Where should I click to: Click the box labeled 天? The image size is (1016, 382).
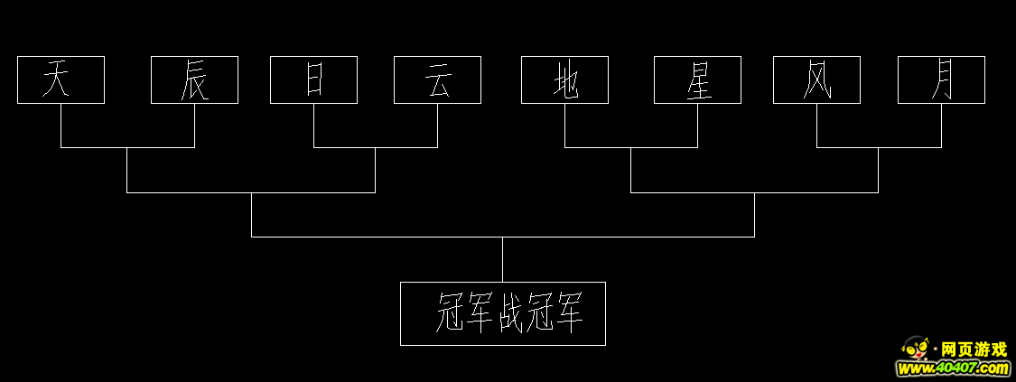point(61,79)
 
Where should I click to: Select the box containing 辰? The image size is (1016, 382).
point(194,79)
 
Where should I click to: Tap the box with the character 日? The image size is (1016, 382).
point(313,79)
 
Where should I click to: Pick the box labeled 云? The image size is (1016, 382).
point(437,79)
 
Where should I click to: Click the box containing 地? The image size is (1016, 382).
point(565,79)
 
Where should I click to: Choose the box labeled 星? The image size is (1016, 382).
point(698,79)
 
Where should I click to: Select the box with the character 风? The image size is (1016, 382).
point(817,79)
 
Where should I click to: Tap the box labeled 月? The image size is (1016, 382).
point(941,79)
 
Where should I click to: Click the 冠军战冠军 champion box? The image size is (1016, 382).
point(503,313)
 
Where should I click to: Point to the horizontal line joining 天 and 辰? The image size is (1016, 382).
point(127,147)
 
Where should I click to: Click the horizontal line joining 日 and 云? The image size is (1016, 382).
point(376,147)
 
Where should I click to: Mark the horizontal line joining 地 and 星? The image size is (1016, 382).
point(631,147)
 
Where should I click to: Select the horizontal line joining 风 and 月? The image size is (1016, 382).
point(880,147)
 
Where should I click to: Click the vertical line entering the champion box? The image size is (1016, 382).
point(503,259)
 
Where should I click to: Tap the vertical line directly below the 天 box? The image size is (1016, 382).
point(61,126)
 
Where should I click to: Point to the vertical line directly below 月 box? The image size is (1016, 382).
point(941,126)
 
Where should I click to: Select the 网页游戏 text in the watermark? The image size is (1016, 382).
point(974,349)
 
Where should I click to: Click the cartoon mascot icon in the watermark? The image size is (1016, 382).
point(916,349)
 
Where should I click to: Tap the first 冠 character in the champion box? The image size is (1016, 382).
point(452,312)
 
